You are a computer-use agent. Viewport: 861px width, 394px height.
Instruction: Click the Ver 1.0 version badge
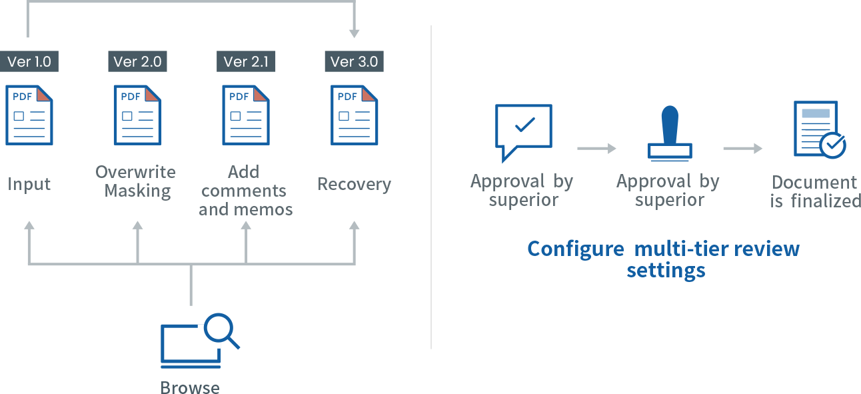click(29, 62)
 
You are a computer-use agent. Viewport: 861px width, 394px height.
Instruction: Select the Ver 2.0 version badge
click(137, 62)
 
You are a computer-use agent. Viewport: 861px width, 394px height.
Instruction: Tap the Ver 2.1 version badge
click(246, 62)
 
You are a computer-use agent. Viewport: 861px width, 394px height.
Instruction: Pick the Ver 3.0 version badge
click(354, 62)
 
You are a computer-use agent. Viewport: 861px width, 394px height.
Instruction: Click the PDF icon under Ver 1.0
click(29, 115)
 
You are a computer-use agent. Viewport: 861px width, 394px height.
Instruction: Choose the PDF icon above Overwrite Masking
click(137, 115)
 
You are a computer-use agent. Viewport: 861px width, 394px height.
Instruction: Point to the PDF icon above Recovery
click(354, 115)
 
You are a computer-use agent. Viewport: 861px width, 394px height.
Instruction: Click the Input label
click(29, 184)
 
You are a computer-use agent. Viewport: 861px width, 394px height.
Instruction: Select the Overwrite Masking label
click(136, 181)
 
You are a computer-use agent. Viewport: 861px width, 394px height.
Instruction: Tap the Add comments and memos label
click(245, 191)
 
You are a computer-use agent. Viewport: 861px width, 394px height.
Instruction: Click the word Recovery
click(354, 184)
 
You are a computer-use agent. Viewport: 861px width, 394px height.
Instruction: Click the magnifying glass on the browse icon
click(221, 329)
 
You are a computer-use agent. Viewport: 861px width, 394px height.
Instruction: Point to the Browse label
click(190, 387)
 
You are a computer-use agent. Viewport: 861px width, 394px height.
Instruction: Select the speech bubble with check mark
click(523, 129)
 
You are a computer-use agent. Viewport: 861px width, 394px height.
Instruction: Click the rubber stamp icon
click(669, 133)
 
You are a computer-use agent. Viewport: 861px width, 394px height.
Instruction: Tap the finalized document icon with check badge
click(818, 130)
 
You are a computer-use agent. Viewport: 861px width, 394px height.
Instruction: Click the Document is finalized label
click(814, 191)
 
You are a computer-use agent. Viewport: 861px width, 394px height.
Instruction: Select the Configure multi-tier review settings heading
click(664, 259)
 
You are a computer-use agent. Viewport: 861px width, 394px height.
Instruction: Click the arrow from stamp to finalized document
click(742, 149)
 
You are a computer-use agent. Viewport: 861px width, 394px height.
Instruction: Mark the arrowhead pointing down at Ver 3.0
click(354, 33)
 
